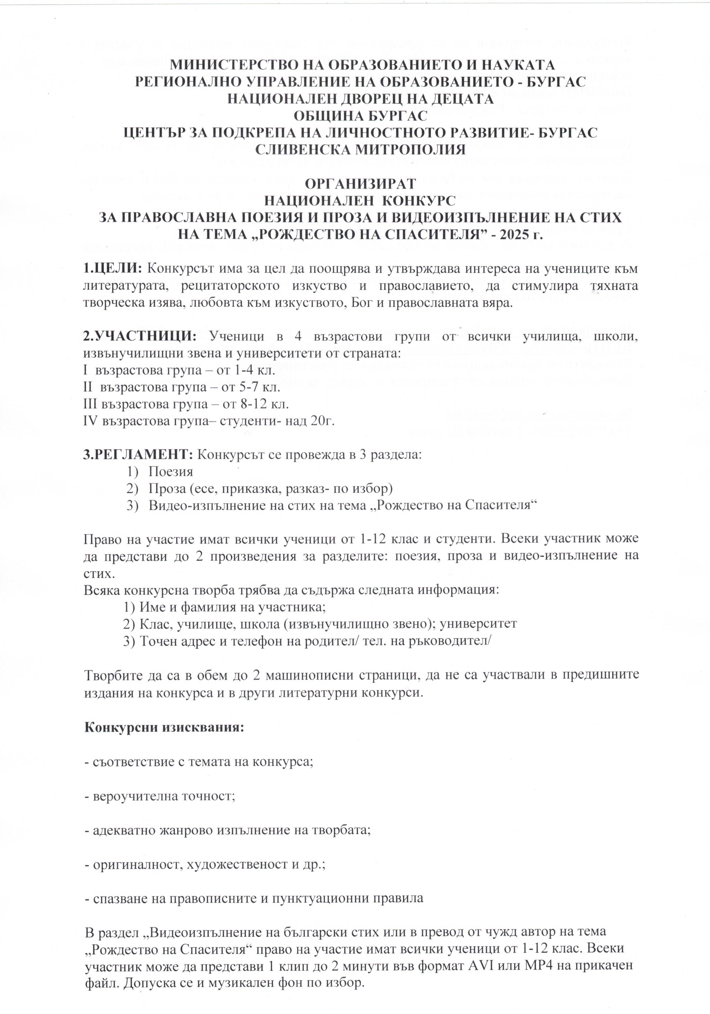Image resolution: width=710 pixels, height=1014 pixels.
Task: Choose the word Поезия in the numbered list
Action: [x=171, y=472]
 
